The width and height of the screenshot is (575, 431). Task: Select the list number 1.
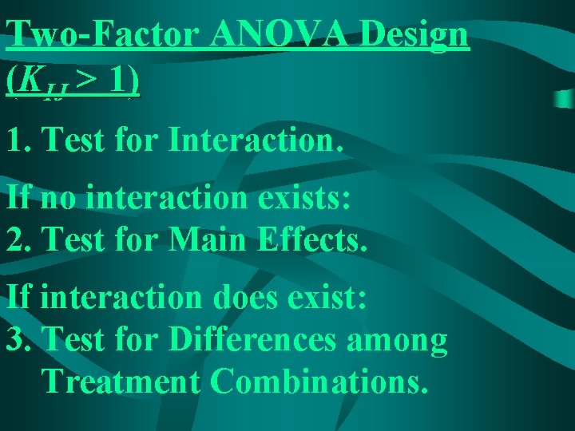15,140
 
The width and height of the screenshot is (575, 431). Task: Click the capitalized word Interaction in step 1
255,140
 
